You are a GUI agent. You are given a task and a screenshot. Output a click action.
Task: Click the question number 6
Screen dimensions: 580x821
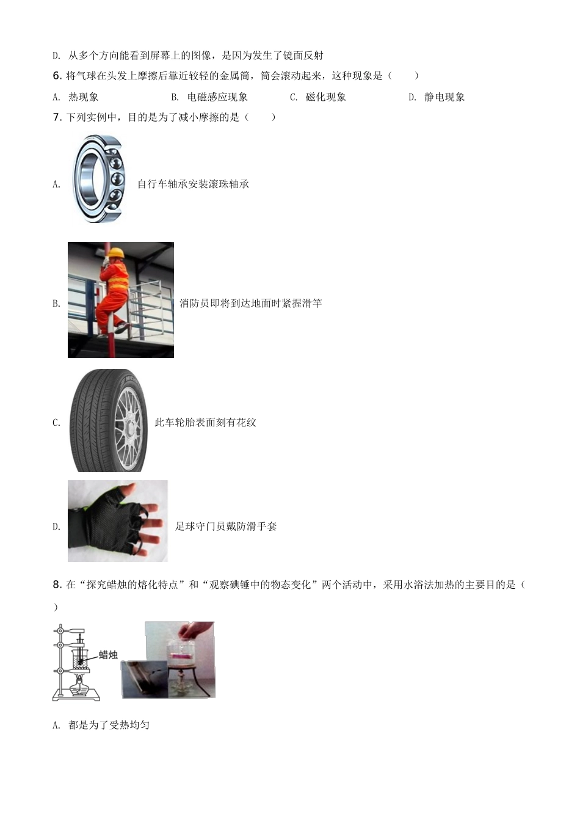coord(57,76)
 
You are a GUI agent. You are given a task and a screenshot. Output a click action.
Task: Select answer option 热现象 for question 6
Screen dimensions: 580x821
coord(84,97)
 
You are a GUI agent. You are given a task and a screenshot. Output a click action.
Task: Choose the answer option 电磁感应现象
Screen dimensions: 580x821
coord(217,97)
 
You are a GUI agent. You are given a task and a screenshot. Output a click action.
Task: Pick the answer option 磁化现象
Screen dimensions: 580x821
coord(326,97)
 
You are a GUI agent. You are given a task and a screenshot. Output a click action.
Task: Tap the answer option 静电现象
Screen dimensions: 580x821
coord(444,97)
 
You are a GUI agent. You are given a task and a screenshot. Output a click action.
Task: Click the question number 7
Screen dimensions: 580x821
coord(57,117)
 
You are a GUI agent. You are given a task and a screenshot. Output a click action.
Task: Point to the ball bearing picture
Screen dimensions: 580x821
coord(99,178)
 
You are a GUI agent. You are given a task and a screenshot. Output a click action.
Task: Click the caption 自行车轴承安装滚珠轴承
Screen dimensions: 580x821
coord(193,184)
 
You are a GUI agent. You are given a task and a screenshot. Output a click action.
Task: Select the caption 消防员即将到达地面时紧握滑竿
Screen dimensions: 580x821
coord(250,303)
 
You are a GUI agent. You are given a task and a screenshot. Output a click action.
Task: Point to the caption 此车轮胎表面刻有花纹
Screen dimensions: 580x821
coord(205,422)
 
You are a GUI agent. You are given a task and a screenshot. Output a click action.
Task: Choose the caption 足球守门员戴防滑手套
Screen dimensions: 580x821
coord(226,527)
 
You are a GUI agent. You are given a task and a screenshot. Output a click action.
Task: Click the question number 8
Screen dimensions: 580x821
coord(57,585)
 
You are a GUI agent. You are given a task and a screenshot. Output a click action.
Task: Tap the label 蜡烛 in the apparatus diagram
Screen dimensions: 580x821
coord(108,654)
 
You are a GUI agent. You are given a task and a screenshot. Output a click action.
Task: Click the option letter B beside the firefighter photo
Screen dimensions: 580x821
coord(56,304)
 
